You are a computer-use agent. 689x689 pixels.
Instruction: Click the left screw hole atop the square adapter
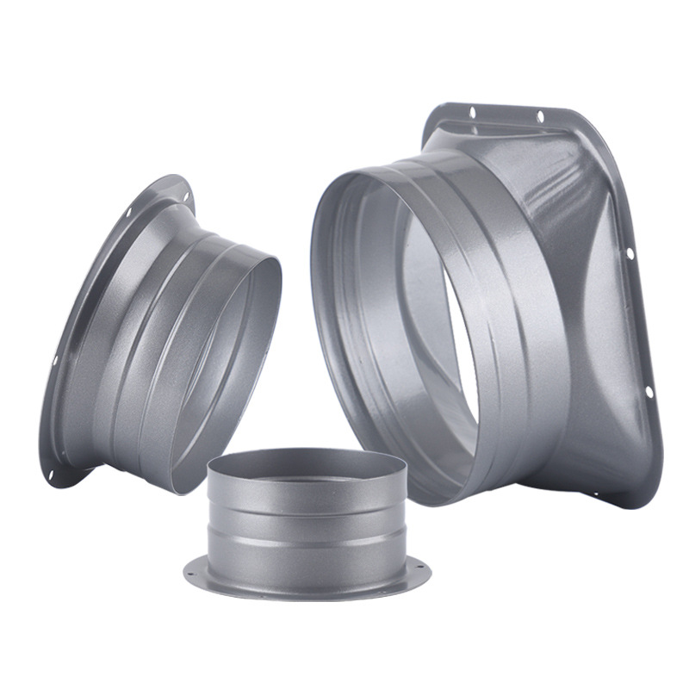point(472,111)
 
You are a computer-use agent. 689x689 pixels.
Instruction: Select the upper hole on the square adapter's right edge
point(630,253)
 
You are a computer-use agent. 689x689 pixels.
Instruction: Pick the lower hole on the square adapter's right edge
point(649,392)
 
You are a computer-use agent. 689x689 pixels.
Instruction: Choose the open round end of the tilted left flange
point(228,370)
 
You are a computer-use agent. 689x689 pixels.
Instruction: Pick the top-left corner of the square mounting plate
point(436,112)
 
